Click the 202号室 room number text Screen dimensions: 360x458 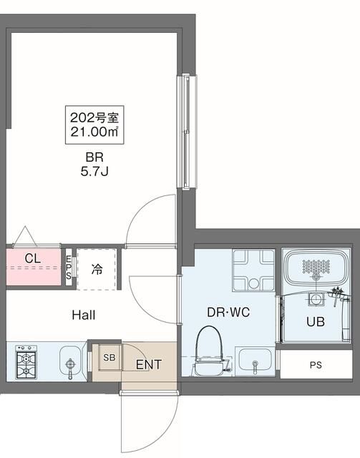tap(94, 117)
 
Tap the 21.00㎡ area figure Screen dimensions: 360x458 tap(94, 132)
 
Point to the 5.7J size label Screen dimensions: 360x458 tap(94, 172)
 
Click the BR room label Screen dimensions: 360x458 tap(94, 157)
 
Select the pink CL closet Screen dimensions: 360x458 tap(34, 267)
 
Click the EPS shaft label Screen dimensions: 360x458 tap(69, 267)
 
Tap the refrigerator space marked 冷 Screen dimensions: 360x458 tap(97, 269)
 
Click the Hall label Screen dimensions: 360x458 tap(84, 315)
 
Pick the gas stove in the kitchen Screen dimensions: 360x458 tap(26, 362)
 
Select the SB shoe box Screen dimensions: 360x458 tap(110, 358)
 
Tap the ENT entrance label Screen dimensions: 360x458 tap(149, 364)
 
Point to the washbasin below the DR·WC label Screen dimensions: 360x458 tap(255, 361)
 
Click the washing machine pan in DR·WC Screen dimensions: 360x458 tap(253, 271)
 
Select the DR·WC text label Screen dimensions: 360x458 tap(228, 312)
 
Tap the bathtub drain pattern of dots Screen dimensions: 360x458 tap(316, 267)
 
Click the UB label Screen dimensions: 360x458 tap(316, 321)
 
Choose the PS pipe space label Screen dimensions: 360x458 tap(316, 365)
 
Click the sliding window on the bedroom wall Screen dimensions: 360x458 tap(187, 132)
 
